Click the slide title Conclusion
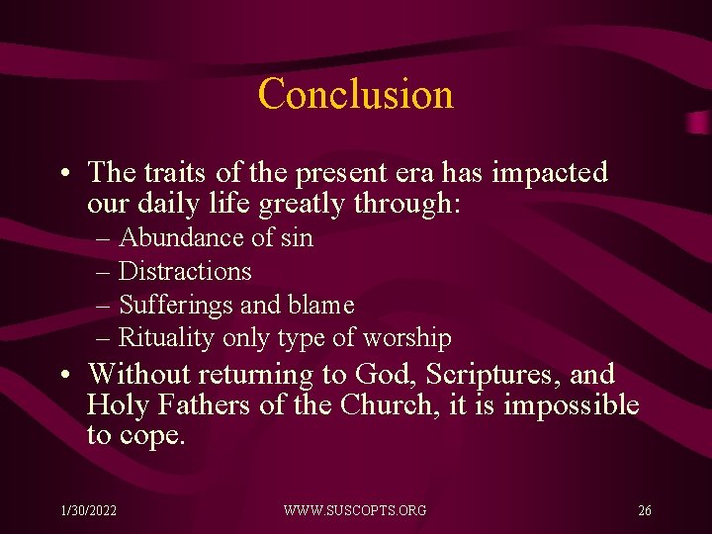click(355, 94)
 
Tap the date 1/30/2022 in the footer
click(88, 510)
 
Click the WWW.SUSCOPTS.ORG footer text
click(355, 510)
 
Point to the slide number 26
click(644, 510)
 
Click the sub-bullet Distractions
click(185, 272)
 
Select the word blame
click(318, 306)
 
